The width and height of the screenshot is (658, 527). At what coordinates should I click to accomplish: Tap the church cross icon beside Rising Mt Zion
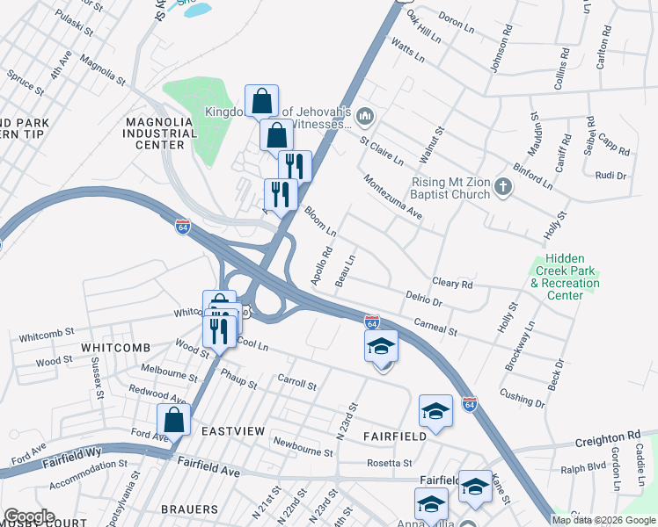(x=503, y=186)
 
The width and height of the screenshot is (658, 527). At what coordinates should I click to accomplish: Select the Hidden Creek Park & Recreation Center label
(x=565, y=277)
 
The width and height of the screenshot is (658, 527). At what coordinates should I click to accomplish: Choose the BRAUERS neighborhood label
(x=189, y=509)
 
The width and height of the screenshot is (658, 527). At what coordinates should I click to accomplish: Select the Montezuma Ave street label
(x=394, y=198)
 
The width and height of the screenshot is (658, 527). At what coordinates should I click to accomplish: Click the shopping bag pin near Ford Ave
(x=174, y=419)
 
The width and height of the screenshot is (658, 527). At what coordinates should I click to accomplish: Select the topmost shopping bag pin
(x=262, y=100)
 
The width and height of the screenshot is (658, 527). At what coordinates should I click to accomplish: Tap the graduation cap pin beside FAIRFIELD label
(x=435, y=410)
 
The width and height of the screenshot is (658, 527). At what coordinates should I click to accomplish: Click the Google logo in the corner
(x=28, y=516)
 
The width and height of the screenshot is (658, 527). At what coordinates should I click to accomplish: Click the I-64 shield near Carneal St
(x=372, y=323)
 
